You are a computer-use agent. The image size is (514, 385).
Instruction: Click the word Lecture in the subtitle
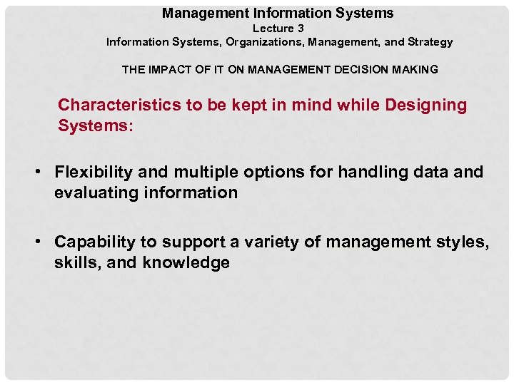pos(273,29)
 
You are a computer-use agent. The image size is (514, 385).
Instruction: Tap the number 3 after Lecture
pos(301,29)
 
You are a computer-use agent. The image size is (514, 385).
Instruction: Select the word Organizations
pos(265,42)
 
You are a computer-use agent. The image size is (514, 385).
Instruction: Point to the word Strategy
pos(430,42)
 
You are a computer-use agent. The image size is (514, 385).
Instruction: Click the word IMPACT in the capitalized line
pos(173,70)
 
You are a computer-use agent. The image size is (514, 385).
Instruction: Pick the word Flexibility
pos(96,173)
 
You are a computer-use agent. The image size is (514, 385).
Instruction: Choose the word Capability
pos(96,242)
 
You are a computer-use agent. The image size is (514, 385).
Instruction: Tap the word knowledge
pos(186,262)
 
